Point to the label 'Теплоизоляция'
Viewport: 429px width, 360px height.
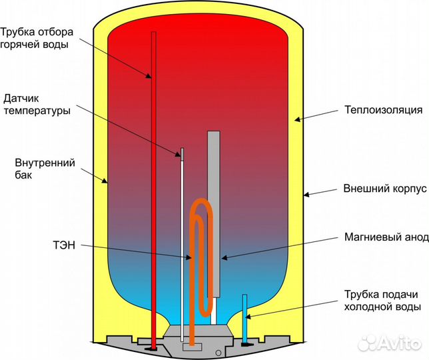point(383,109)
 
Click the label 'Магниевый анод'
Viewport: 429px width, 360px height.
point(382,237)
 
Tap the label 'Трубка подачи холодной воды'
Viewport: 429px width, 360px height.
point(381,301)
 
